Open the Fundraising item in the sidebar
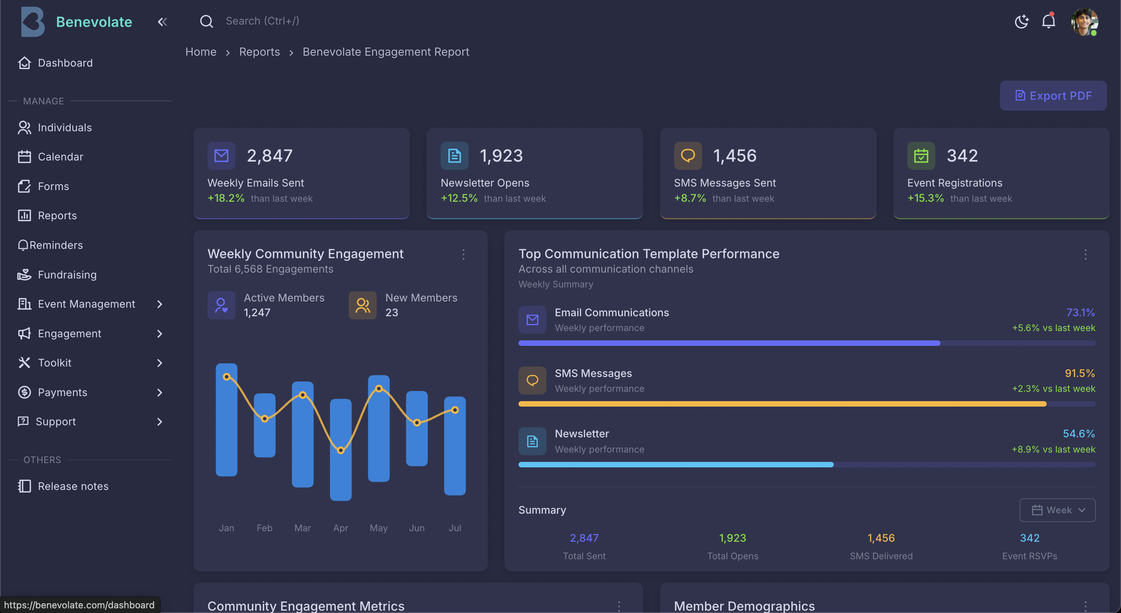[67, 275]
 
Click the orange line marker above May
[379, 388]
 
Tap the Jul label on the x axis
[454, 528]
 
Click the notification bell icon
[1048, 21]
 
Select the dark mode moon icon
[1021, 21]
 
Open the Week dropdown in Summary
[1057, 510]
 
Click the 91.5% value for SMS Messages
[1079, 373]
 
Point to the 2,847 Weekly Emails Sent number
[269, 155]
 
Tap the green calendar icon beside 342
[921, 155]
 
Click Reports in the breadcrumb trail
[259, 52]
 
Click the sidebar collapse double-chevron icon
[162, 22]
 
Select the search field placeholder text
[262, 21]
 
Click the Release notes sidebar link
[73, 486]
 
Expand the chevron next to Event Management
[159, 304]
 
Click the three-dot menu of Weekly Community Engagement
[463, 254]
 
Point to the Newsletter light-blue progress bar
[675, 465]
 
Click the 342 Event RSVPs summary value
[1029, 538]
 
